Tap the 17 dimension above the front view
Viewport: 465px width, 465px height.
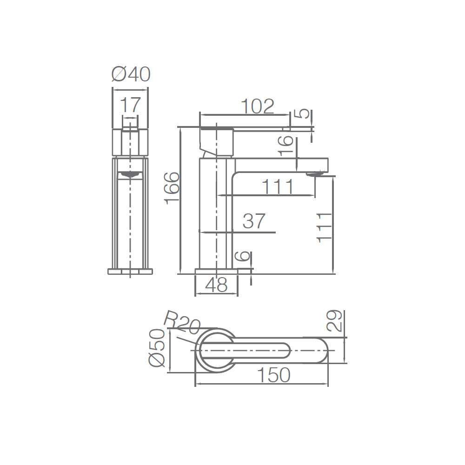pyautogui.click(x=130, y=105)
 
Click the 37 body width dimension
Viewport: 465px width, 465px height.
pyautogui.click(x=254, y=221)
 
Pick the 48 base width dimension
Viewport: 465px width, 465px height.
pyautogui.click(x=217, y=285)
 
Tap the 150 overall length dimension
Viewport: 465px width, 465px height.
pyautogui.click(x=273, y=375)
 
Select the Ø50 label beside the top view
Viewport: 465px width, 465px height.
pyautogui.click(x=156, y=348)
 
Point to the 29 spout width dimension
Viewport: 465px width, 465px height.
pyautogui.click(x=334, y=321)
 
